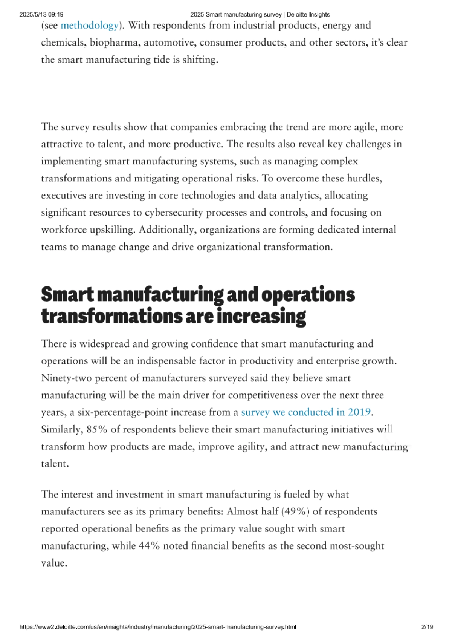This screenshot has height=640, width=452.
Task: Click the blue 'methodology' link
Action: point(90,26)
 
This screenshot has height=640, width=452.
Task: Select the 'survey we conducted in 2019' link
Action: point(306,412)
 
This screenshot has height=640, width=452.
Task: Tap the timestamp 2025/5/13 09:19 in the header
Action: point(41,15)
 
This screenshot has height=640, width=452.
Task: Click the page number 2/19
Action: point(427,627)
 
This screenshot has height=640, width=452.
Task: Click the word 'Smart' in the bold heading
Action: point(67,295)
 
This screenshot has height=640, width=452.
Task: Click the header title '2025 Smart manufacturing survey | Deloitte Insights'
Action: point(260,15)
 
